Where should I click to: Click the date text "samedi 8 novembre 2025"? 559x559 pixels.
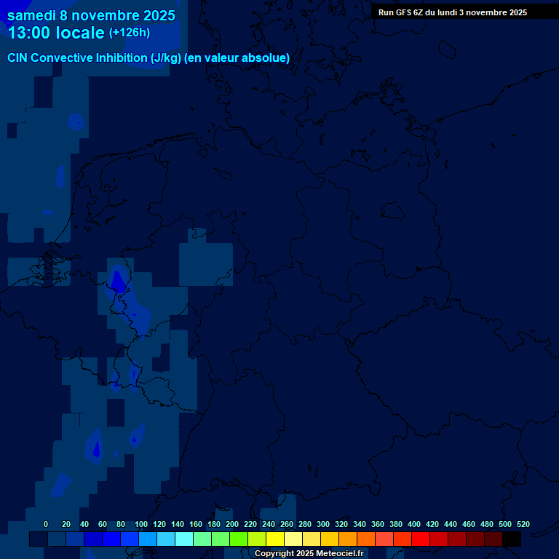pyautogui.click(x=91, y=15)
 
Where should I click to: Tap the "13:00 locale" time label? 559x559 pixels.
pyautogui.click(x=55, y=33)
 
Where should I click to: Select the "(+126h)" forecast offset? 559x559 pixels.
pyautogui.click(x=130, y=33)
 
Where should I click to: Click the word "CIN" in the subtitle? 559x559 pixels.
pyautogui.click(x=17, y=58)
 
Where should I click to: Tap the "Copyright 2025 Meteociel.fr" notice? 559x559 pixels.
pyautogui.click(x=309, y=554)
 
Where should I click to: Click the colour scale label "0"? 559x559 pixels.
pyautogui.click(x=46, y=525)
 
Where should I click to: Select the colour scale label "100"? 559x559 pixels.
pyautogui.click(x=141, y=525)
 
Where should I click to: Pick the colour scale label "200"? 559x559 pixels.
pyautogui.click(x=232, y=525)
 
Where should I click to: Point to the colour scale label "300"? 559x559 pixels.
pyautogui.click(x=323, y=525)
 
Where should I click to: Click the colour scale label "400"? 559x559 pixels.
pyautogui.click(x=414, y=525)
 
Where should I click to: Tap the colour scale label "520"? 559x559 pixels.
pyautogui.click(x=523, y=525)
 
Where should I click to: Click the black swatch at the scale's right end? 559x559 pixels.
pyautogui.click(x=512, y=539)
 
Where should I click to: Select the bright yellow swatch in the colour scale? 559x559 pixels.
pyautogui.click(x=275, y=539)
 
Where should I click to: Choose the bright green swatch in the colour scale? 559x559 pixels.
pyautogui.click(x=239, y=539)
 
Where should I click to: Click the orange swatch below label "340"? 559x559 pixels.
pyautogui.click(x=366, y=539)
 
